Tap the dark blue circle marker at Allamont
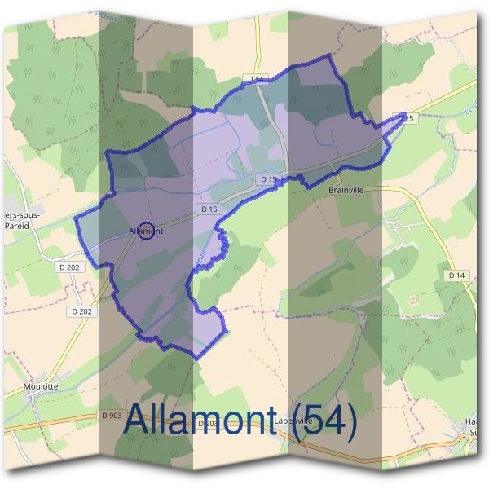(146, 231)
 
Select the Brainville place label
(349, 190)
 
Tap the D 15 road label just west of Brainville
(270, 178)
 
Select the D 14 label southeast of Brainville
(456, 276)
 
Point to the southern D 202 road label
(81, 311)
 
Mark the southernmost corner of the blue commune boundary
(199, 357)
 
